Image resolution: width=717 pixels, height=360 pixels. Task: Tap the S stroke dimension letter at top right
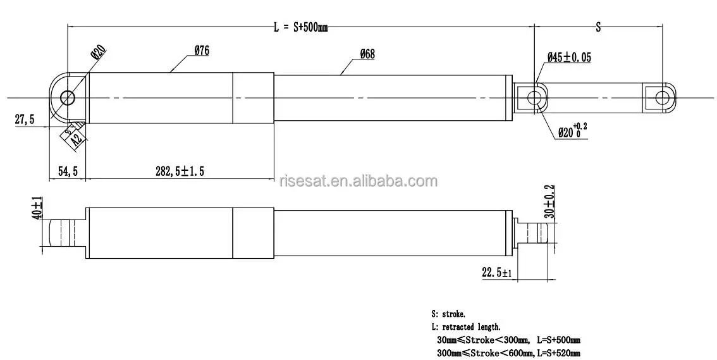598,27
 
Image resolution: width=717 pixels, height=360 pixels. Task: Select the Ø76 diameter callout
202,52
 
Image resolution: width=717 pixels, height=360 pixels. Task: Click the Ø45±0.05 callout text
569,58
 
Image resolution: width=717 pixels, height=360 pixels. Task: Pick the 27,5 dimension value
25,120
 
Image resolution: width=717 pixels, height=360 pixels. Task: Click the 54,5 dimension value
68,171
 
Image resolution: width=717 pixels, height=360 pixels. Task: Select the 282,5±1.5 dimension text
180,171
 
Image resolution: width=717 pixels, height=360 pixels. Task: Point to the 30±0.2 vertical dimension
549,201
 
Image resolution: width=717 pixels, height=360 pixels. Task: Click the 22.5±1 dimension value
496,273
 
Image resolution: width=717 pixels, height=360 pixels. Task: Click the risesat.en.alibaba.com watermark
358,182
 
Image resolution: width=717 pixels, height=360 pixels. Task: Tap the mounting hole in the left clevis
68,97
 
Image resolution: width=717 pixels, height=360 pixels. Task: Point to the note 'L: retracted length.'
465,327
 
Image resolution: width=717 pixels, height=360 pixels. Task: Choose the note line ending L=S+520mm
508,353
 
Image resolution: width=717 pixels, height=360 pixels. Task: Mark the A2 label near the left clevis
76,137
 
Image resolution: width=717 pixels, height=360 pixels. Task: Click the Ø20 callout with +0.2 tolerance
572,132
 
